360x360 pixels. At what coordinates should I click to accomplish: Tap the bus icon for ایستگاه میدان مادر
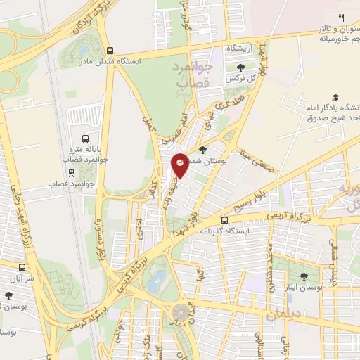pos(110,50)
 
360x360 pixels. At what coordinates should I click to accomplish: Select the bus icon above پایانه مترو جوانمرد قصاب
pos(85,139)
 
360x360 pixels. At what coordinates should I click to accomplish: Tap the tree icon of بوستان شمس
pos(203,149)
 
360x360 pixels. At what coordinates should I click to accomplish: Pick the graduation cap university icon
pos(336,97)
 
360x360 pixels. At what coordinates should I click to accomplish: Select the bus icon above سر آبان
pos(22,267)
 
